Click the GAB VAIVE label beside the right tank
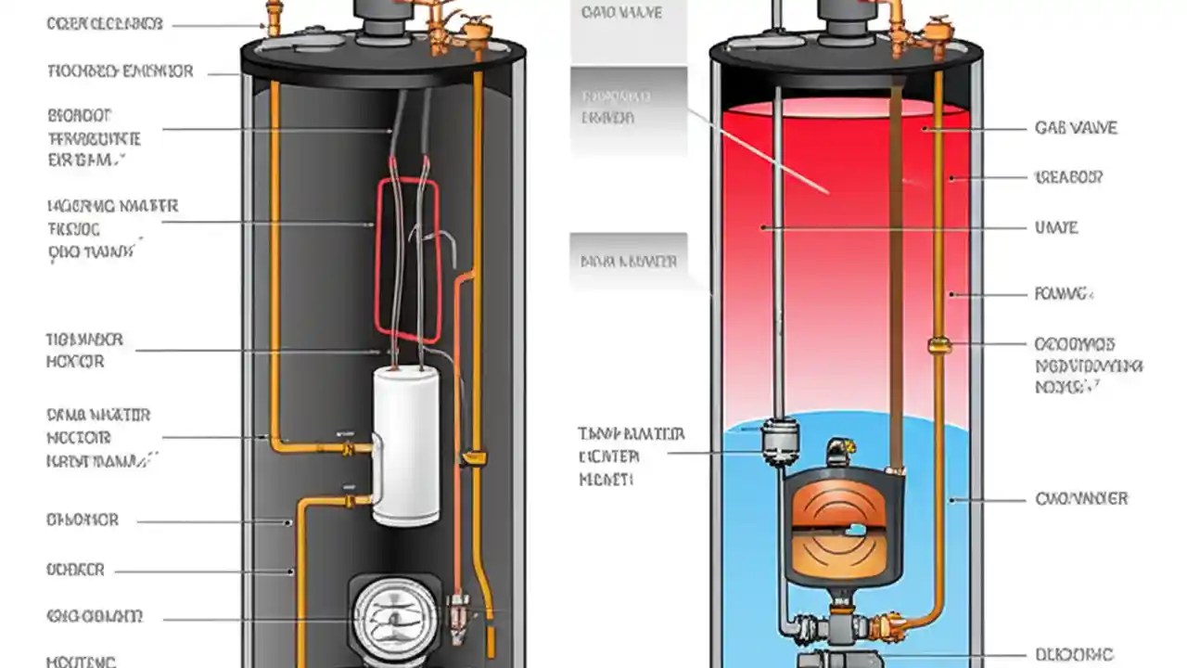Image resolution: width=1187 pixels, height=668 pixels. coord(1076,128)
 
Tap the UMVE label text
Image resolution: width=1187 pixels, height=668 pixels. coord(1056,227)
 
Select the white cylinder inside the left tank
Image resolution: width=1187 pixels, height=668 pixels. coord(405,445)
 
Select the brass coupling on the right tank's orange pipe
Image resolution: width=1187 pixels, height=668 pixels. coord(938,345)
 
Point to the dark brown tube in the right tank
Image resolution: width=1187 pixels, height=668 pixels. coord(896,278)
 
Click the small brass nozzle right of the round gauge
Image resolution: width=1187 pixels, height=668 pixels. coord(456,613)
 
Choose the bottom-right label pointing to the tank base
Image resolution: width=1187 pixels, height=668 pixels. coord(1074,654)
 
